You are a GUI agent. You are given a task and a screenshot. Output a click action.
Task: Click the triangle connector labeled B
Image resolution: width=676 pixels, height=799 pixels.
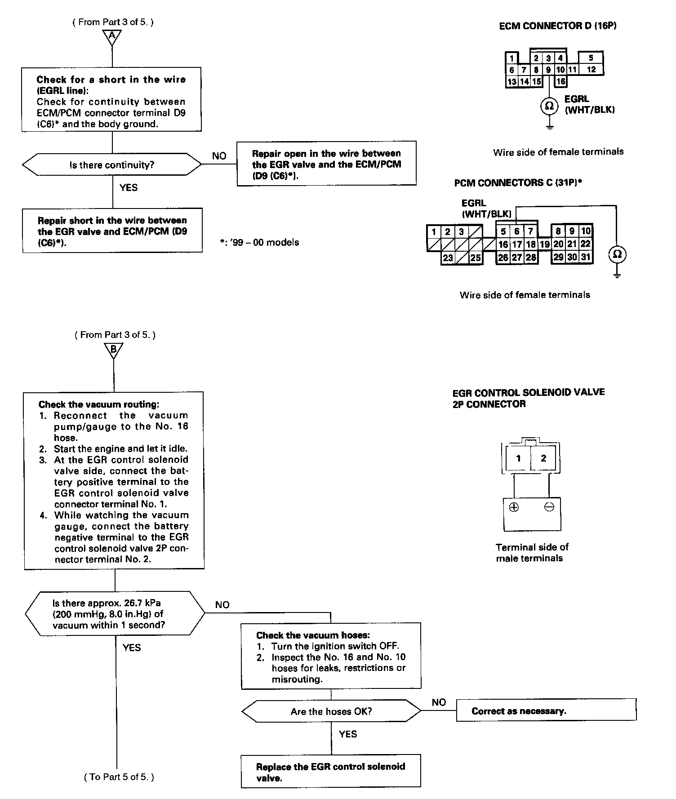click(x=113, y=350)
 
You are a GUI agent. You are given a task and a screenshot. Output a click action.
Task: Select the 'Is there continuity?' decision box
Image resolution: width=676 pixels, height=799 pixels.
click(x=112, y=165)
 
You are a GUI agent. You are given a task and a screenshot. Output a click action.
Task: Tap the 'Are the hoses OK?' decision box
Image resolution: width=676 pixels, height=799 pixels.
click(x=331, y=711)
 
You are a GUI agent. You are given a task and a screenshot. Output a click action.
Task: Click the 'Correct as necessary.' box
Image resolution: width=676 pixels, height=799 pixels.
click(x=546, y=711)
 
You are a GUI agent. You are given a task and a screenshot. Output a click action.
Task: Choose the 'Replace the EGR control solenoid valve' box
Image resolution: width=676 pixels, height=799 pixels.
click(x=331, y=772)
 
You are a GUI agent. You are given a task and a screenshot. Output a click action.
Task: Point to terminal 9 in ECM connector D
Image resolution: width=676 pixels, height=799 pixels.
click(x=548, y=70)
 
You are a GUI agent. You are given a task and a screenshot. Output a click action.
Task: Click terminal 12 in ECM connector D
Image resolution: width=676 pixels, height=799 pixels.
click(x=591, y=69)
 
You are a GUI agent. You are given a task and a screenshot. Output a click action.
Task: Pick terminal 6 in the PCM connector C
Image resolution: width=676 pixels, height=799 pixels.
click(x=517, y=231)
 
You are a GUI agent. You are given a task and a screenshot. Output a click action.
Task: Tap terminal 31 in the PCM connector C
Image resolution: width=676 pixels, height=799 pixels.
click(x=585, y=257)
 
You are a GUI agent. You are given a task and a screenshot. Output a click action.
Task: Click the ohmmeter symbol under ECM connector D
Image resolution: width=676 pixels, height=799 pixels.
click(x=549, y=106)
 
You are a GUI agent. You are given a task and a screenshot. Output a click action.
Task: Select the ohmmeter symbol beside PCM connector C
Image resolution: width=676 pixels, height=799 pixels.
click(x=617, y=254)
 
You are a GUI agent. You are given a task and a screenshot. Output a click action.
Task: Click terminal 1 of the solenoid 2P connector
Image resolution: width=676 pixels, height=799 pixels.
click(x=518, y=458)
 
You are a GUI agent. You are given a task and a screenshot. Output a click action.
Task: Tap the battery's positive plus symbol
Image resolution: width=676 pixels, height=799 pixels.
click(x=514, y=507)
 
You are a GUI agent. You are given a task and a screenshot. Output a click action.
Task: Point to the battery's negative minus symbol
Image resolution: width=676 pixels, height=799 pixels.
click(x=549, y=507)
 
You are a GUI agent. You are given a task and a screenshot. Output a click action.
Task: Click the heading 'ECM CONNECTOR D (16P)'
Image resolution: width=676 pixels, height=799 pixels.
click(x=557, y=26)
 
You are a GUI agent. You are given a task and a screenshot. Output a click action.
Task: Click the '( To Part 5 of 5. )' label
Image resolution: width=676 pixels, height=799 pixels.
click(x=119, y=777)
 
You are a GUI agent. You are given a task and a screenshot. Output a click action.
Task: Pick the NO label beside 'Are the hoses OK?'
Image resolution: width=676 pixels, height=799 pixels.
click(x=439, y=702)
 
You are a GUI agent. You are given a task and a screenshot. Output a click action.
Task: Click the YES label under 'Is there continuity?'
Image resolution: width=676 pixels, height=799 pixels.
click(x=129, y=187)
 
